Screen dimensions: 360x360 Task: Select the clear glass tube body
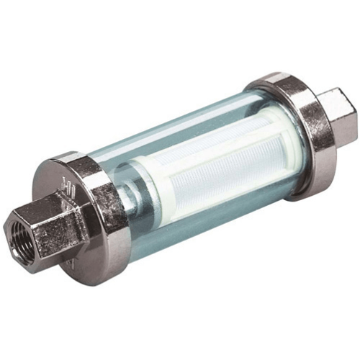tap(180, 137)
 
